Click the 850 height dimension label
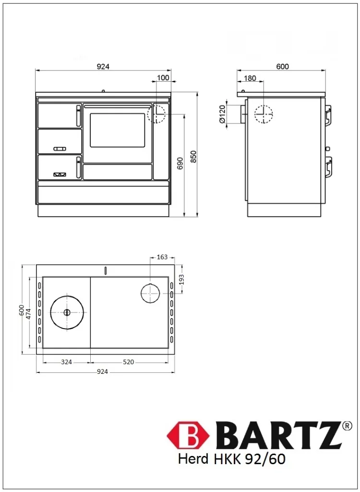tap(193, 157)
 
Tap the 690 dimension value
tap(180, 163)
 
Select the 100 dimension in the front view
tap(163, 77)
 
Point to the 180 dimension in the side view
tap(250, 78)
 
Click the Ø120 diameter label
tap(222, 114)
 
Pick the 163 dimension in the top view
tap(162, 258)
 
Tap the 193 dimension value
tap(181, 279)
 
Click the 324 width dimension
tap(66, 362)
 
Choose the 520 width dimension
tap(128, 362)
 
